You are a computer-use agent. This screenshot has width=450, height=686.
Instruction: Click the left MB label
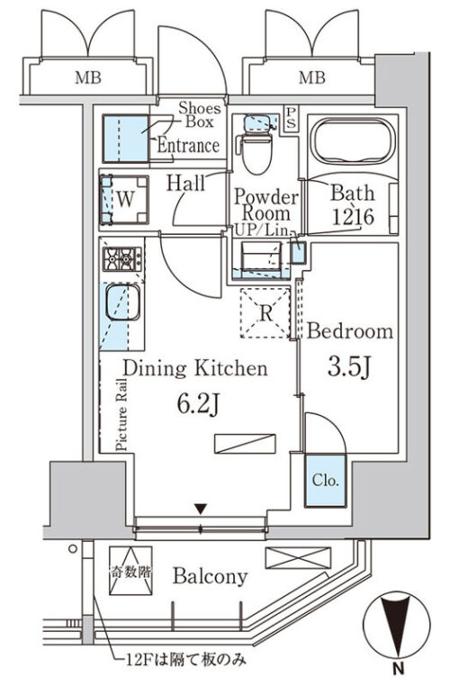pos(88,78)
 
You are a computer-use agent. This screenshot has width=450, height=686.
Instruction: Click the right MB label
pos(311,78)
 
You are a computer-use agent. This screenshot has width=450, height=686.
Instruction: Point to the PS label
pos(291,118)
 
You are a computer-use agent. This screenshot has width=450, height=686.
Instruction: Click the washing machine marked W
pos(124,200)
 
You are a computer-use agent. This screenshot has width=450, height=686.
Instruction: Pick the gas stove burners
pos(122,259)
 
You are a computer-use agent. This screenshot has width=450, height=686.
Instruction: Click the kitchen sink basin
pos(123,302)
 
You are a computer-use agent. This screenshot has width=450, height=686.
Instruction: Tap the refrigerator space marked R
pos(265,312)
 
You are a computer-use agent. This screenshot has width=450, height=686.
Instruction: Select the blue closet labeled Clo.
pos(326,481)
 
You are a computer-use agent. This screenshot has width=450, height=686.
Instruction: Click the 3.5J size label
pos(349,367)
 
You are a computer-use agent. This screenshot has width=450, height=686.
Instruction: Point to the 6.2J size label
pos(198,404)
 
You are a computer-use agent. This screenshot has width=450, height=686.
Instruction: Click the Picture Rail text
pos(121,414)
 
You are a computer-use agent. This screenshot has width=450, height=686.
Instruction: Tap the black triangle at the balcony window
pos(201,509)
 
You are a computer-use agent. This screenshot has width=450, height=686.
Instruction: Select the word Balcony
pos(211,576)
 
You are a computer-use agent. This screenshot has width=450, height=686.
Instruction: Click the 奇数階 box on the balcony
pos(130,571)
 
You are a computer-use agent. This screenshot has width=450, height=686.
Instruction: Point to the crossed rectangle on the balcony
pos(298,558)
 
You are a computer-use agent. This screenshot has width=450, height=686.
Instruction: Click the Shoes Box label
pos(200,114)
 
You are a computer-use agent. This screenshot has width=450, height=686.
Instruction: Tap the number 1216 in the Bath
pos(353,217)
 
